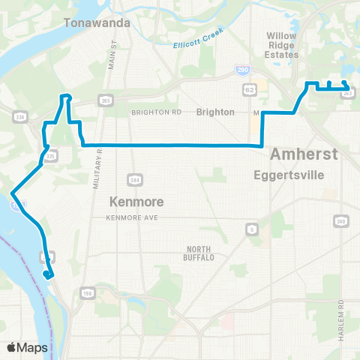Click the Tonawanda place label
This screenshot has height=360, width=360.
(97, 23)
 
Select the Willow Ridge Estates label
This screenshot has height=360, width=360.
(283, 44)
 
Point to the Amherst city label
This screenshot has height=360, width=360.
(304, 154)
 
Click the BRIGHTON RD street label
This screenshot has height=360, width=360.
(157, 112)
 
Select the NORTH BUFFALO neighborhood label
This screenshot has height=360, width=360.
(200, 253)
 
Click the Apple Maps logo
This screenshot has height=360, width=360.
(27, 347)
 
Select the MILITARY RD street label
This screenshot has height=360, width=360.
(97, 169)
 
